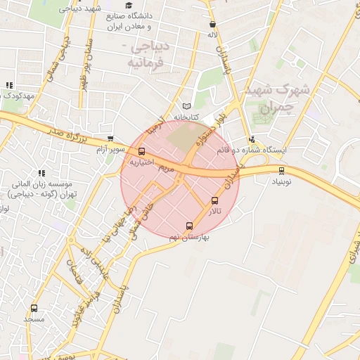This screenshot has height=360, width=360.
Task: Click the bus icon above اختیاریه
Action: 142,151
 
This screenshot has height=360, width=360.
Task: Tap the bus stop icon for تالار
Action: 215,200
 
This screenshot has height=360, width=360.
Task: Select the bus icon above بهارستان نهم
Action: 189,226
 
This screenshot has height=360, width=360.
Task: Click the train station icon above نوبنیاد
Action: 282,170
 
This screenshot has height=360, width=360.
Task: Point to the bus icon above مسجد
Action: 34,309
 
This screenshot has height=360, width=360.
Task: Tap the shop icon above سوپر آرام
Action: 110,139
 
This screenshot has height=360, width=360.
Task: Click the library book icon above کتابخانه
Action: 186,105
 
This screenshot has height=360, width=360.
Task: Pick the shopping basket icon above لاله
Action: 212,24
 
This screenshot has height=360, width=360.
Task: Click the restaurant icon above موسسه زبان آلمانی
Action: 41,172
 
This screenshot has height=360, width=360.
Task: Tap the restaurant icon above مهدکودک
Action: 8,85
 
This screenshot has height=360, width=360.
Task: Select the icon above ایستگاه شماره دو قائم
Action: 252,139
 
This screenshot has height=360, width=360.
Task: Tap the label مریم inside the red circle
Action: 166,169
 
